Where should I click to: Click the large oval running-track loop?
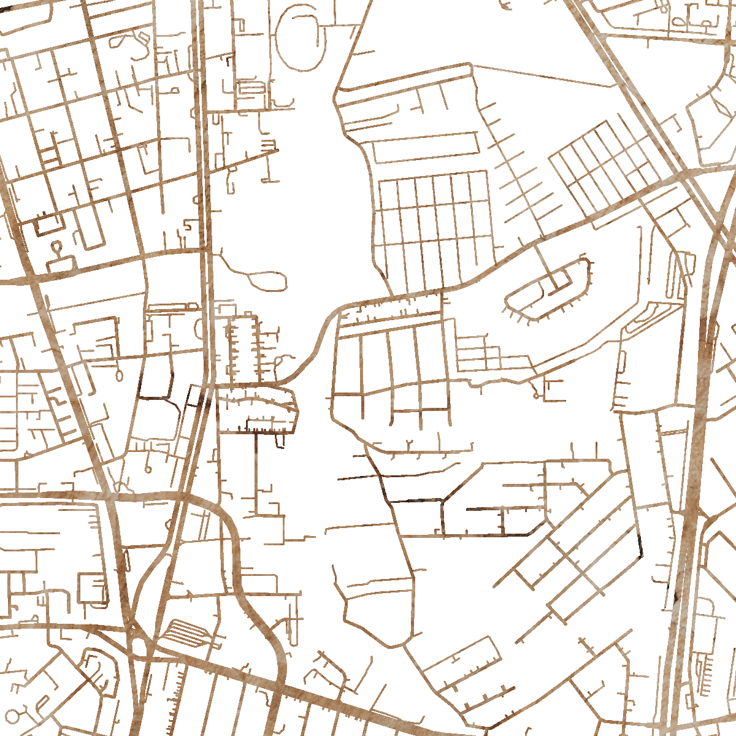299,38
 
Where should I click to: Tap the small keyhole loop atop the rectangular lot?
57,248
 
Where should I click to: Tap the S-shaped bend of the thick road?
319,343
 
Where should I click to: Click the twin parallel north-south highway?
205,184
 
